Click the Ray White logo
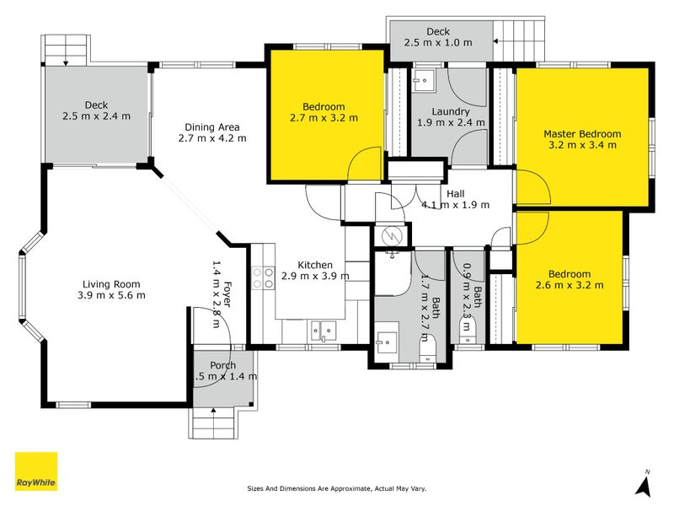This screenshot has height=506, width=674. (x=36, y=471)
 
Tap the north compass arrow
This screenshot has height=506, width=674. (x=644, y=486)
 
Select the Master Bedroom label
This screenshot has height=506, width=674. (x=582, y=134)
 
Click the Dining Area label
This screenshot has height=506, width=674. (x=212, y=127)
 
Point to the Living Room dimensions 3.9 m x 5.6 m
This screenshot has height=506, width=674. (x=111, y=295)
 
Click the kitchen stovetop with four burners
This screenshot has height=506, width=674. (x=263, y=277)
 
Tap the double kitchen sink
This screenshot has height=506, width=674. (x=324, y=331)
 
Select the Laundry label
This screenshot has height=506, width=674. (x=451, y=112)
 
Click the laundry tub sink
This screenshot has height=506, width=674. (x=423, y=80)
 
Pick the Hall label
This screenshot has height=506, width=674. (x=455, y=194)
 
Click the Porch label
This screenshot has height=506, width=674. (x=222, y=365)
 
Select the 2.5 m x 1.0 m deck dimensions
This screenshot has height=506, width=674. (x=438, y=43)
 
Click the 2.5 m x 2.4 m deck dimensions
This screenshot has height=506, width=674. (x=96, y=116)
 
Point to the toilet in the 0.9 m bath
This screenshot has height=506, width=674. (x=465, y=331)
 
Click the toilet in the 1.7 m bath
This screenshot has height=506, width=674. (x=428, y=350)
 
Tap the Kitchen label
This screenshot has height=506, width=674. (x=315, y=265)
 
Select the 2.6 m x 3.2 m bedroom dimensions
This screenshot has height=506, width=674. (x=570, y=285)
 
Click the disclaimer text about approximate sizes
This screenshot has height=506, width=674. (x=336, y=488)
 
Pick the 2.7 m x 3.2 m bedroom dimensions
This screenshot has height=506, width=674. (x=324, y=118)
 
